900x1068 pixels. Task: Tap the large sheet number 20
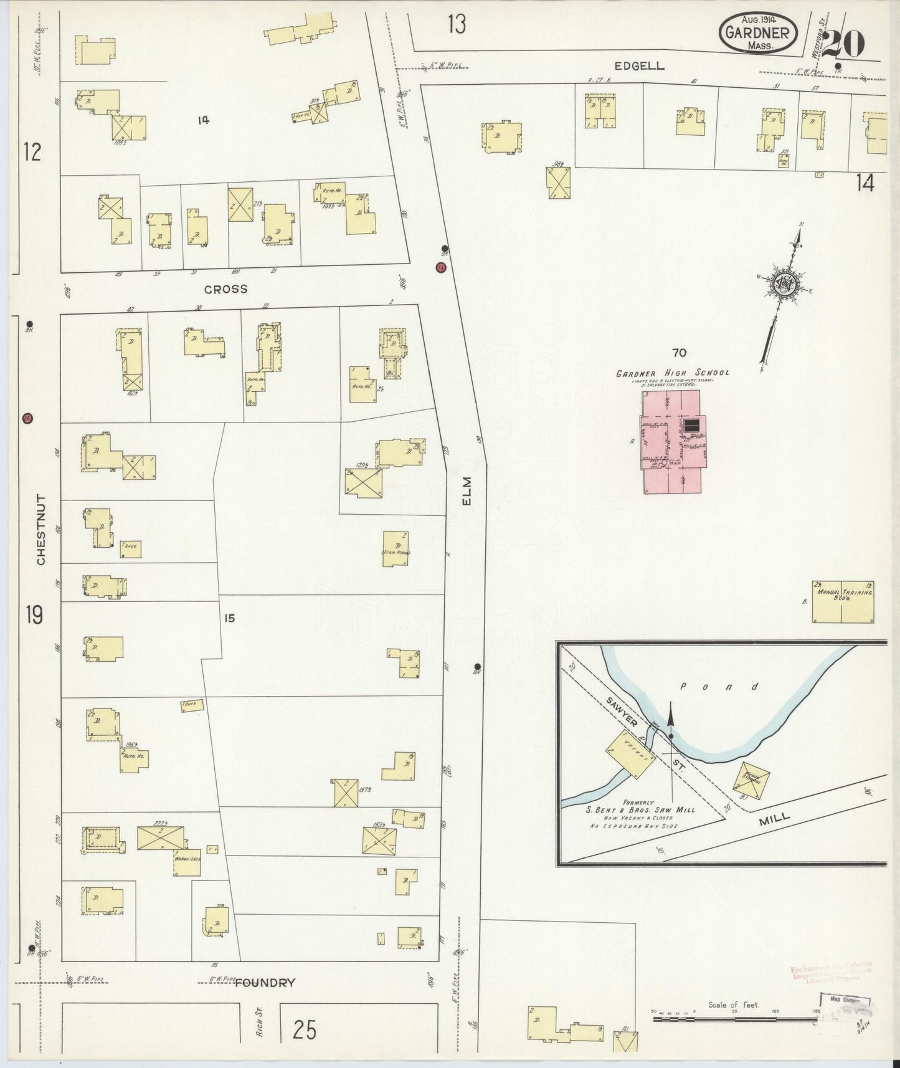(843, 44)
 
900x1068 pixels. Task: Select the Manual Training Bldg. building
(842, 601)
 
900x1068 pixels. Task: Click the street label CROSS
(226, 289)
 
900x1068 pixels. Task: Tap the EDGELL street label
(639, 65)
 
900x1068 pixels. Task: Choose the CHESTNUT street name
(41, 530)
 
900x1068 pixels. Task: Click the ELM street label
(467, 491)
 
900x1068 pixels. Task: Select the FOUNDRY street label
(265, 983)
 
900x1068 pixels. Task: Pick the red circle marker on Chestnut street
(27, 418)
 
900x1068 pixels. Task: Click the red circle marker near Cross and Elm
(441, 267)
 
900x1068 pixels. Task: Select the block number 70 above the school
(679, 353)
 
